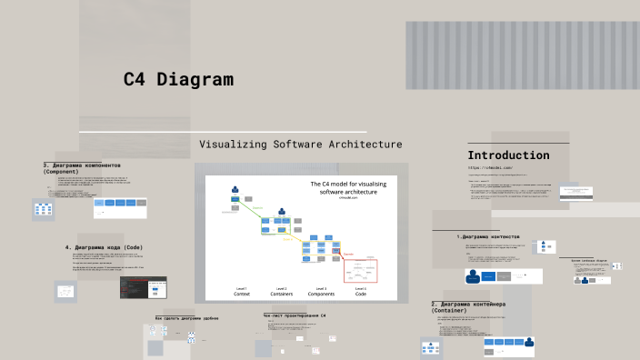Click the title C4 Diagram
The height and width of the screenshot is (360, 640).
point(178,80)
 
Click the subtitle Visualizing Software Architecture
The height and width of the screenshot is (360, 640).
point(300,145)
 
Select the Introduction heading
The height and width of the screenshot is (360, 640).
point(508,155)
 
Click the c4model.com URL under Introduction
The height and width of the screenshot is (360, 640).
point(491,168)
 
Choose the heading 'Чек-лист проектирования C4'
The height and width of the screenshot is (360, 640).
point(294,315)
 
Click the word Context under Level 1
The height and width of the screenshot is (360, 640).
point(242,294)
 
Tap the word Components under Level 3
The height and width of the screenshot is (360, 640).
point(321,294)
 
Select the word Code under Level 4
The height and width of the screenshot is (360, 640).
point(361,294)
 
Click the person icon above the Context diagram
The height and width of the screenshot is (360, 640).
point(235,191)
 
